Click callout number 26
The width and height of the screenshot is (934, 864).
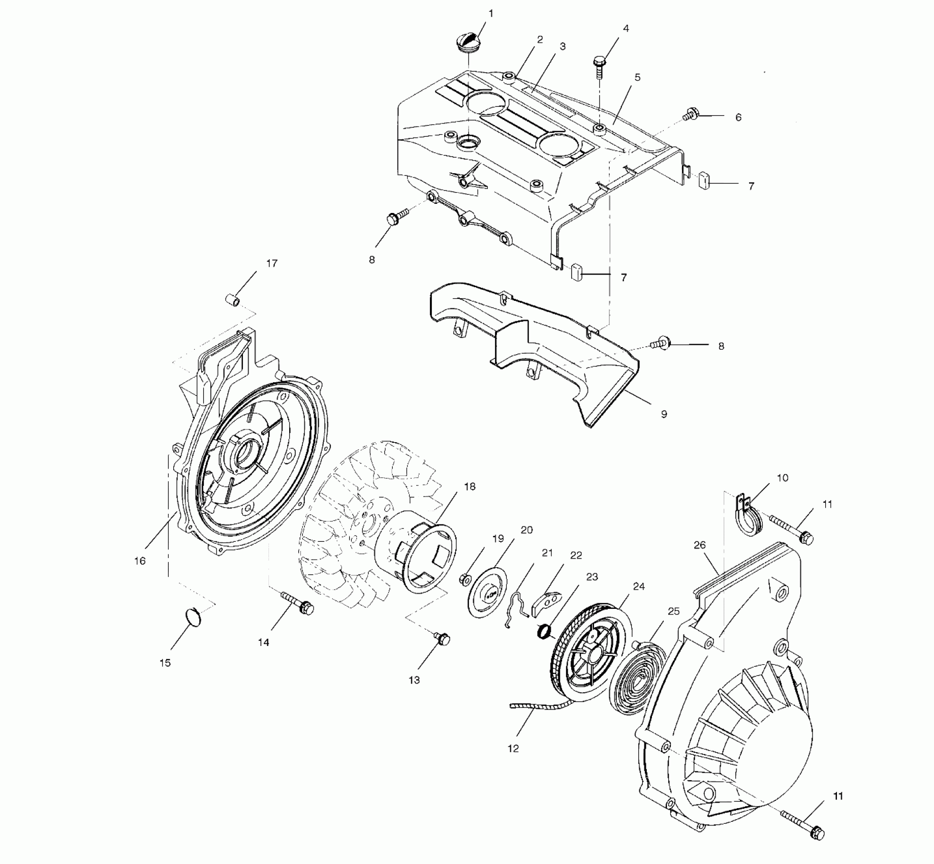tap(700, 545)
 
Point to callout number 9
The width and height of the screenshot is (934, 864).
tap(664, 414)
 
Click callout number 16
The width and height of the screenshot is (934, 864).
tap(140, 561)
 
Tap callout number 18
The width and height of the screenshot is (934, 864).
tap(470, 486)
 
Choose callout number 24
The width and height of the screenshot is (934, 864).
tap(639, 587)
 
